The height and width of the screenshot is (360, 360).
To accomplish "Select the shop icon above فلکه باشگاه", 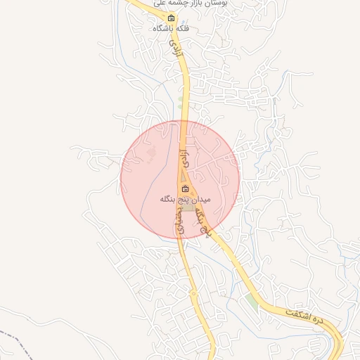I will (170, 18).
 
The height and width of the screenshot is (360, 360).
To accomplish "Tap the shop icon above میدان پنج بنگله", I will (185, 189).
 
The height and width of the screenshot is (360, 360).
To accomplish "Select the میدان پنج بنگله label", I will (184, 200).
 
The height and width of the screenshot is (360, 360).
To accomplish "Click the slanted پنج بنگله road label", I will (204, 219).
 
